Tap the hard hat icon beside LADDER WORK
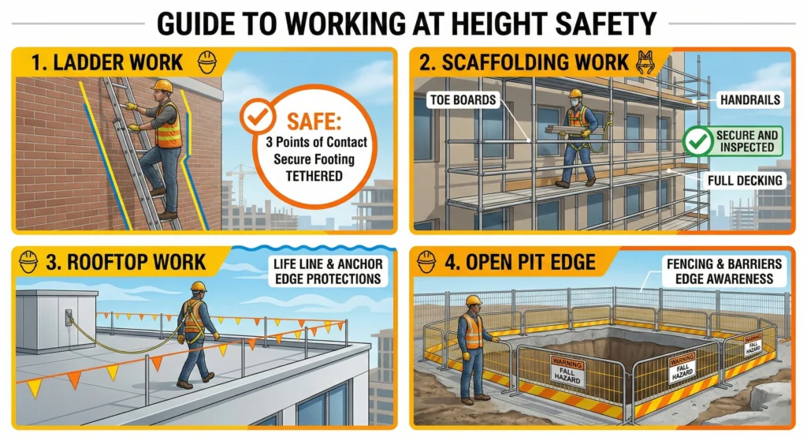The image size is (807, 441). [207, 62]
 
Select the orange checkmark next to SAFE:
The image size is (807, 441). [257, 117]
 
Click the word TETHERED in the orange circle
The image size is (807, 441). [314, 176]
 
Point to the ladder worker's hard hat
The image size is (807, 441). [162, 85]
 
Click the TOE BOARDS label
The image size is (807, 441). [463, 100]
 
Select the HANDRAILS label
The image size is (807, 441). [750, 100]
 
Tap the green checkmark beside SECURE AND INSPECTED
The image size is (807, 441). [698, 140]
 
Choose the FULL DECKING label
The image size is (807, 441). [745, 181]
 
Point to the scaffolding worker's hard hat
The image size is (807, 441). [575, 93]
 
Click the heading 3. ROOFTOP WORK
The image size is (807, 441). [125, 262]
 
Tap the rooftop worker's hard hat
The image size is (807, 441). [198, 286]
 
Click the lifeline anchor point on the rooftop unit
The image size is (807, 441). [69, 316]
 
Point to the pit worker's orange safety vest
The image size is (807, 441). [472, 331]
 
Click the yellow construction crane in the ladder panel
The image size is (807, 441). [241, 183]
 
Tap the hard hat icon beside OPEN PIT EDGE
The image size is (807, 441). [426, 262]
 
